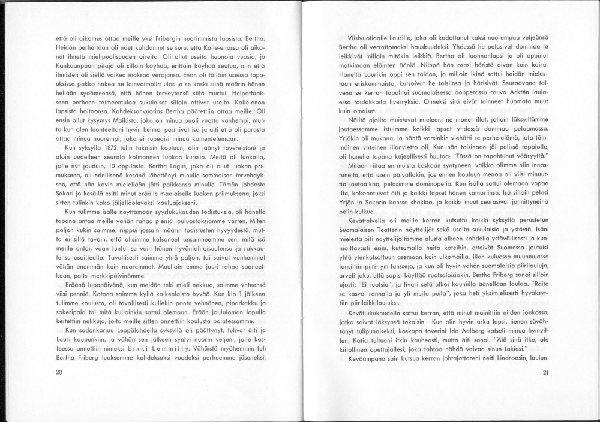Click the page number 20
(x=59, y=372)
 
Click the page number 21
(x=545, y=372)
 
